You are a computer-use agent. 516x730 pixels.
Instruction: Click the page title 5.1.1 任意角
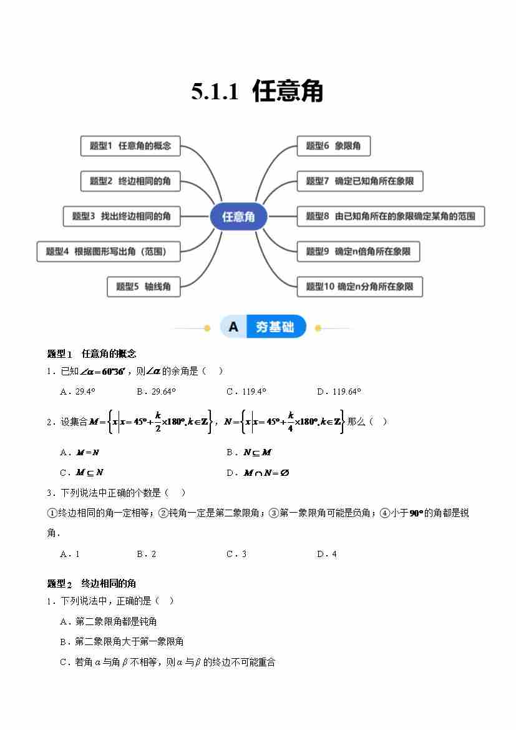click(x=257, y=91)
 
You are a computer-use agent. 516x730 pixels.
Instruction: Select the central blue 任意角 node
click(x=238, y=217)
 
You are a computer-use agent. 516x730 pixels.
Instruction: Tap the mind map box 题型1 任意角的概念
click(x=130, y=146)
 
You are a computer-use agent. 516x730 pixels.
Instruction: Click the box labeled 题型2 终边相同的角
click(x=130, y=181)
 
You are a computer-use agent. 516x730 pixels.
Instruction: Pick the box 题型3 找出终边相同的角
click(x=122, y=216)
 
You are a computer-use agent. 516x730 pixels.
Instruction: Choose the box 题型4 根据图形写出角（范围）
click(x=109, y=252)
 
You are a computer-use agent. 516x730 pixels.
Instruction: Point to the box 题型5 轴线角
click(x=144, y=287)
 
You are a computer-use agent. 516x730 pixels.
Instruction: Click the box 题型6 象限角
click(x=333, y=146)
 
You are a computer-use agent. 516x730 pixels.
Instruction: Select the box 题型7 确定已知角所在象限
click(x=360, y=181)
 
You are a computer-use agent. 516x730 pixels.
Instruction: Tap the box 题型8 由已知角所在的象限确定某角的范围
click(x=391, y=216)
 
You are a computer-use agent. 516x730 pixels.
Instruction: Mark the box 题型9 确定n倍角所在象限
click(x=358, y=252)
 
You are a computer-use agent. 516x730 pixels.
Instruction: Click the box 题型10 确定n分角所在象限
click(x=360, y=287)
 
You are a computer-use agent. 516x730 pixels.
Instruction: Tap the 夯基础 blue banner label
click(x=275, y=327)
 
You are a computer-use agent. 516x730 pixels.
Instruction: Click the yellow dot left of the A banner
click(x=207, y=328)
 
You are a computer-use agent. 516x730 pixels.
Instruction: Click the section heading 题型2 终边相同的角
click(x=92, y=583)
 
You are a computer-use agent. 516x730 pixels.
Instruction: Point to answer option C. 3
click(x=236, y=554)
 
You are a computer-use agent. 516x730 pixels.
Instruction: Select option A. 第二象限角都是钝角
click(x=109, y=621)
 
